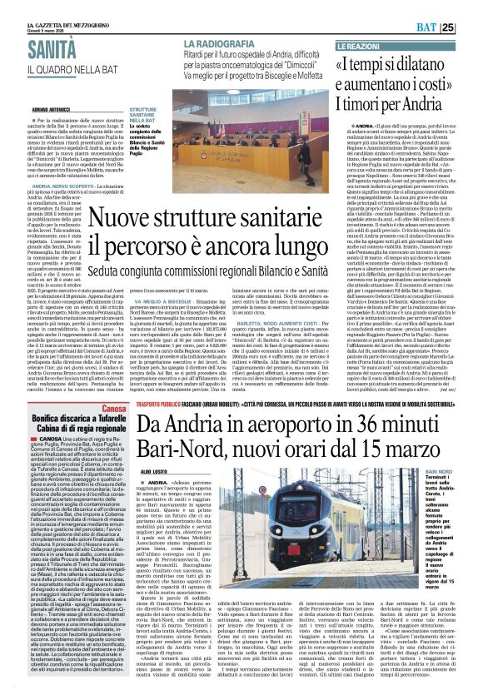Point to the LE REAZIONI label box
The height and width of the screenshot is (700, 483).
(360, 42)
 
